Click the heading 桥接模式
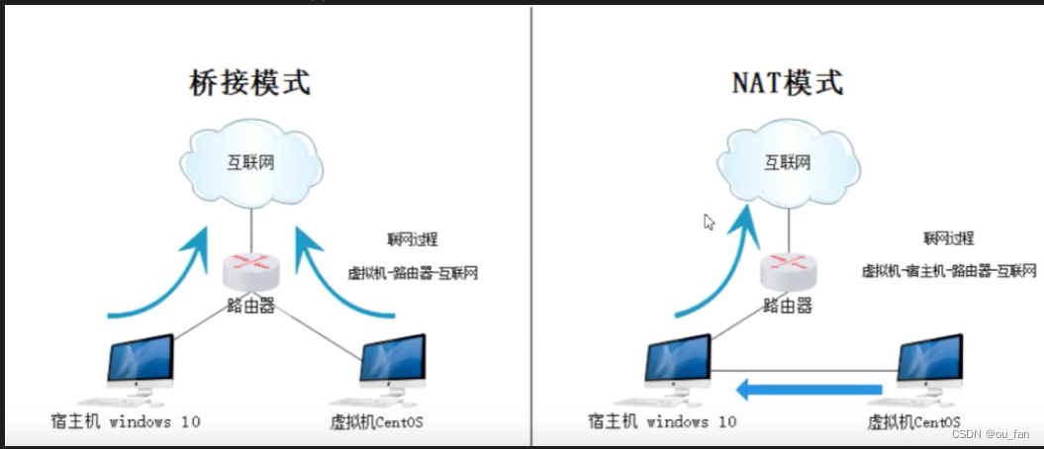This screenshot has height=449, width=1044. [x=249, y=83]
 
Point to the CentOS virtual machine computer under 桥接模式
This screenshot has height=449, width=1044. [x=392, y=366]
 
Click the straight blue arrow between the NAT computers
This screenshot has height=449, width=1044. [x=807, y=391]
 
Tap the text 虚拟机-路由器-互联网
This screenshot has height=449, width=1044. [x=413, y=273]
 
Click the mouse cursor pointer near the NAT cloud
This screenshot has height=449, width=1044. [x=708, y=221]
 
